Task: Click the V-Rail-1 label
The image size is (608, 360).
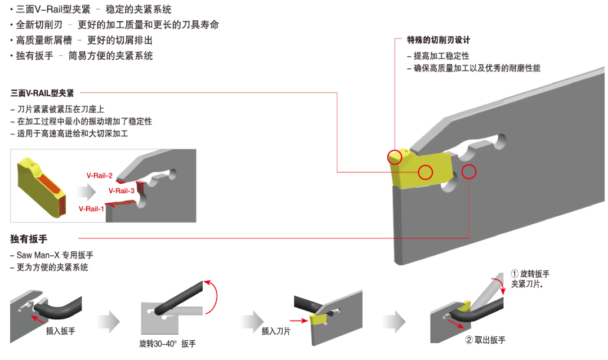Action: tap(91, 208)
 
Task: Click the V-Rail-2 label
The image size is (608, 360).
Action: tap(99, 176)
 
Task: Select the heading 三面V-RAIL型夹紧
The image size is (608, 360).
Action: tap(42, 94)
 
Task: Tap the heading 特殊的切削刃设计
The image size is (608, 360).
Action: tap(439, 40)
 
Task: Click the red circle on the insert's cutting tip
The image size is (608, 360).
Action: tap(395, 156)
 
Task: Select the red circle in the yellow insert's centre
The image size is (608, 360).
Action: tap(425, 172)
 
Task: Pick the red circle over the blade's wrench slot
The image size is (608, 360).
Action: tap(468, 172)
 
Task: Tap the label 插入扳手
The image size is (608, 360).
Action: tap(61, 331)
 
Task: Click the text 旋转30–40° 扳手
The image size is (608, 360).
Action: tap(167, 344)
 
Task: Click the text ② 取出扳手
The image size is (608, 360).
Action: tap(485, 340)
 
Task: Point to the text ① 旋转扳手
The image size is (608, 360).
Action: tap(530, 274)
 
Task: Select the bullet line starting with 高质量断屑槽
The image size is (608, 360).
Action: tap(81, 41)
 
